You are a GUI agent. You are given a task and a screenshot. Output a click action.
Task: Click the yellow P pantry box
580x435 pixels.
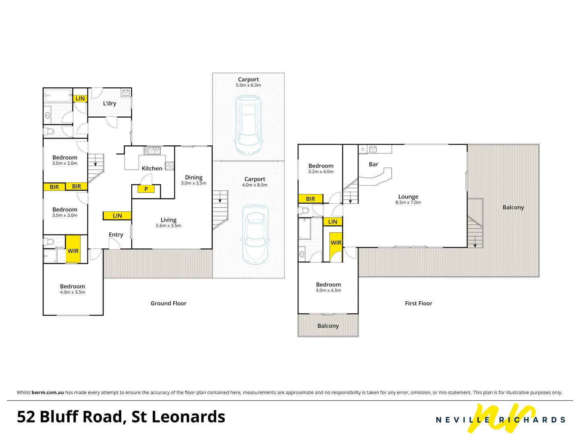[x=146, y=189]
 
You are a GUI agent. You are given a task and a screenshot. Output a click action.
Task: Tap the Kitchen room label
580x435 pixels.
[x=152, y=168]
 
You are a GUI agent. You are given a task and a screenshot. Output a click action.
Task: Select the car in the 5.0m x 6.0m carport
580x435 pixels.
[x=248, y=125]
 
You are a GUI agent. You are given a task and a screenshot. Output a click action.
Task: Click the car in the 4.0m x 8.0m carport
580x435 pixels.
[x=255, y=235]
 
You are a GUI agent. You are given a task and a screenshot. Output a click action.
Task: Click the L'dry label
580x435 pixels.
[x=110, y=104]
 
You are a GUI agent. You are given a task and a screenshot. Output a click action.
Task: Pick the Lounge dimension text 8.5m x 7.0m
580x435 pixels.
[x=408, y=203]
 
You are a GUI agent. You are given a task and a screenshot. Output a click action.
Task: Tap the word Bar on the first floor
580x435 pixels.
[x=373, y=164]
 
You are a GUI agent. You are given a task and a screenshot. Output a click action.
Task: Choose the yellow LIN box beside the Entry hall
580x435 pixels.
[x=117, y=216]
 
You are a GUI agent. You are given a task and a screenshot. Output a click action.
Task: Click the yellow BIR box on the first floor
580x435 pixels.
[x=311, y=199]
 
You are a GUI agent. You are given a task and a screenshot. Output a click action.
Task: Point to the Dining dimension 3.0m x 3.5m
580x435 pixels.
[x=194, y=183]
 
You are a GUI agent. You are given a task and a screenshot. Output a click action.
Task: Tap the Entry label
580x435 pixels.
[x=116, y=235]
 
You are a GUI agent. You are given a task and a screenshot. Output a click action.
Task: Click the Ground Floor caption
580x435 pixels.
[x=168, y=303]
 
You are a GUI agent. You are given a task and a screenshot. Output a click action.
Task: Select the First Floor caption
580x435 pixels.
[x=418, y=303]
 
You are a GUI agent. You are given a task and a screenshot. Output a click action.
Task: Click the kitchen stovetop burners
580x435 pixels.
[x=170, y=166]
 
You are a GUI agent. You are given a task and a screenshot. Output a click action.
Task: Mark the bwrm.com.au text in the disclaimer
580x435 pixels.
[x=48, y=392]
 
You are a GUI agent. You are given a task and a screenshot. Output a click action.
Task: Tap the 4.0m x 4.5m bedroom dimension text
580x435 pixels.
[x=328, y=290]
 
